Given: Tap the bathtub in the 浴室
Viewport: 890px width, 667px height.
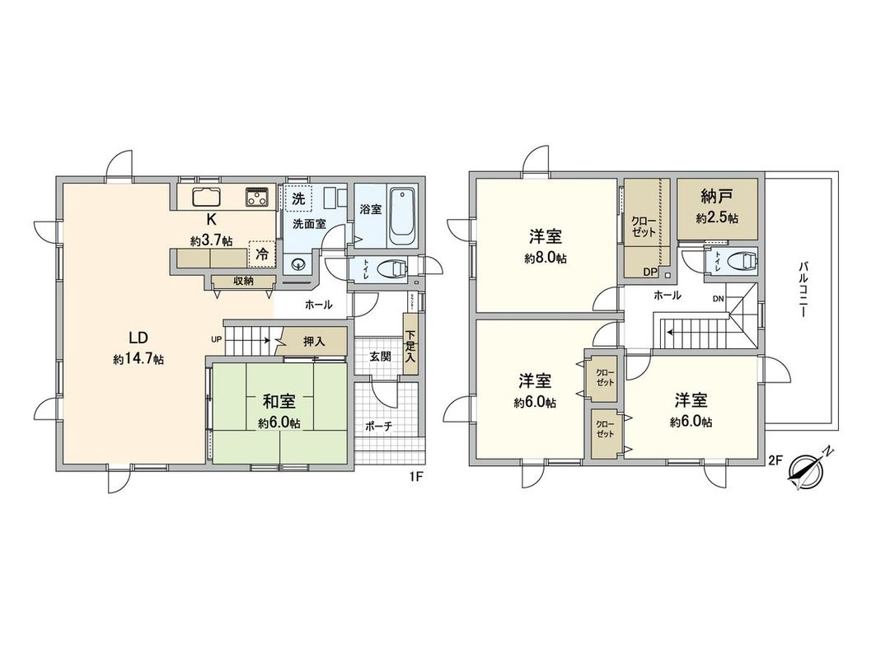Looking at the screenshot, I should [403, 216].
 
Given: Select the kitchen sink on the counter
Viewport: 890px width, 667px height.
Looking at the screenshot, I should [207, 198].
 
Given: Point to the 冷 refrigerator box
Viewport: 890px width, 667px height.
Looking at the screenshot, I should [261, 255].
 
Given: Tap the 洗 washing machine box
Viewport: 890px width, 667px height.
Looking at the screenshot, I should [298, 198].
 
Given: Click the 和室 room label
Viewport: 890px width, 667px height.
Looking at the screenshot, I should [279, 402].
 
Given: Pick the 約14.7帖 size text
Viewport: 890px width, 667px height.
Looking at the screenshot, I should [139, 360].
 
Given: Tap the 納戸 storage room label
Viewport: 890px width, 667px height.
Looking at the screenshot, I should [716, 198].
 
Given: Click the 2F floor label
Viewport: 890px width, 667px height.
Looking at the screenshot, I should [774, 461].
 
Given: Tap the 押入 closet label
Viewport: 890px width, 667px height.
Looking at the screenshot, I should [314, 341].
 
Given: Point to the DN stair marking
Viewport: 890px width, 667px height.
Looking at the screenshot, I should [717, 299].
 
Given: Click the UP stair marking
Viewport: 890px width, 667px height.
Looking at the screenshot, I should [217, 338].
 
